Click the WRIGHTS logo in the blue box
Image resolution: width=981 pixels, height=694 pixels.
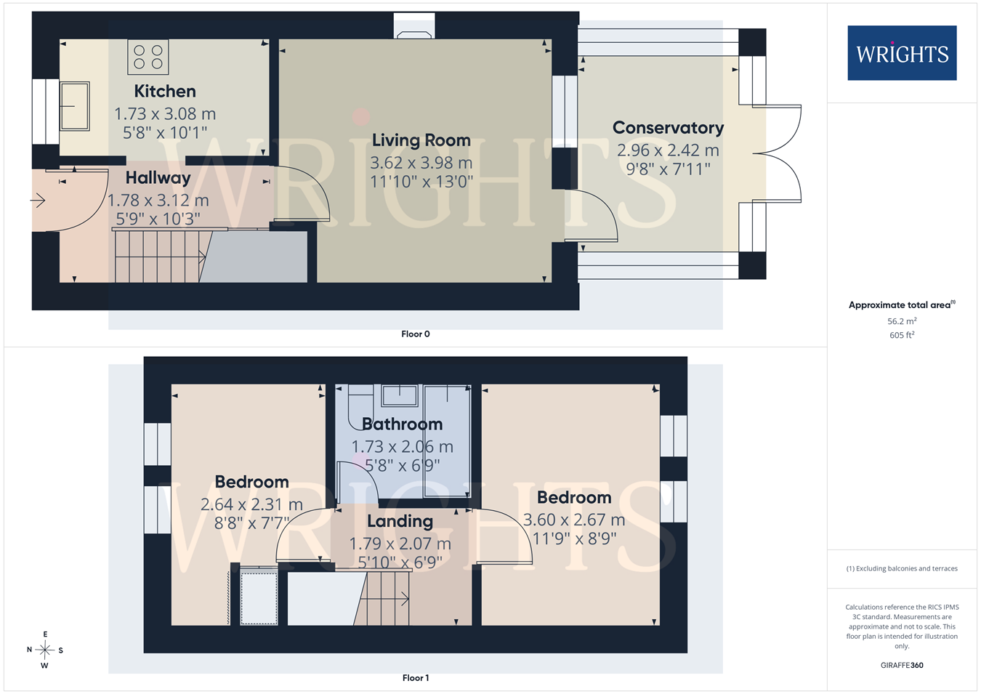[902, 53]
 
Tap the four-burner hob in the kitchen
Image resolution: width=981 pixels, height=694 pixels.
[148, 57]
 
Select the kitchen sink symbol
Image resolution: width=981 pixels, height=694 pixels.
[75, 106]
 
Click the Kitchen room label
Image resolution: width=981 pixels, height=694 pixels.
[165, 91]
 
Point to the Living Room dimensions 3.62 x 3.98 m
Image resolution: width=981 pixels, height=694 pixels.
[421, 163]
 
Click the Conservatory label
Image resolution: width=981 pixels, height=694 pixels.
[668, 127]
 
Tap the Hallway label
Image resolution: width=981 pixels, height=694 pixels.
[158, 178]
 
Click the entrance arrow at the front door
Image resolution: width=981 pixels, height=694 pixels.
[38, 201]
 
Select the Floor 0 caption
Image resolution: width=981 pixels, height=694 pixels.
[416, 334]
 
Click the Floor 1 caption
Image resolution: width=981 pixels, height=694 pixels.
[416, 678]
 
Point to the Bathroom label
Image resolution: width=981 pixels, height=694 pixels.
[402, 424]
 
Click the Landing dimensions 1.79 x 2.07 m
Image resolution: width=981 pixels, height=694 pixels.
[400, 544]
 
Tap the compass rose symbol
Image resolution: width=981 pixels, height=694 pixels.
[44, 650]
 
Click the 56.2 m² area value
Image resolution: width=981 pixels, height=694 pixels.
[902, 321]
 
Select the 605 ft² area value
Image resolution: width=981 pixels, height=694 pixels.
[902, 335]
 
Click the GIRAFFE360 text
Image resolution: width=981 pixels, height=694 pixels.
[902, 665]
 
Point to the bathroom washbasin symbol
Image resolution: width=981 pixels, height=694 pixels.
[399, 395]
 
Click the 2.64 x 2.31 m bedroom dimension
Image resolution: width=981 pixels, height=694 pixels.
[252, 504]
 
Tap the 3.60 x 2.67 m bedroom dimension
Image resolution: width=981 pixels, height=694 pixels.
[574, 520]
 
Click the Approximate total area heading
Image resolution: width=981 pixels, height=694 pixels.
[902, 304]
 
